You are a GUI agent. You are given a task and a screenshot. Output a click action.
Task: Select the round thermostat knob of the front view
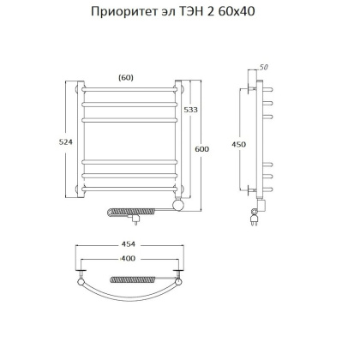click(179, 206)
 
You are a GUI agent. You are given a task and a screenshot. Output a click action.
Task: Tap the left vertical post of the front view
click(80, 141)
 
